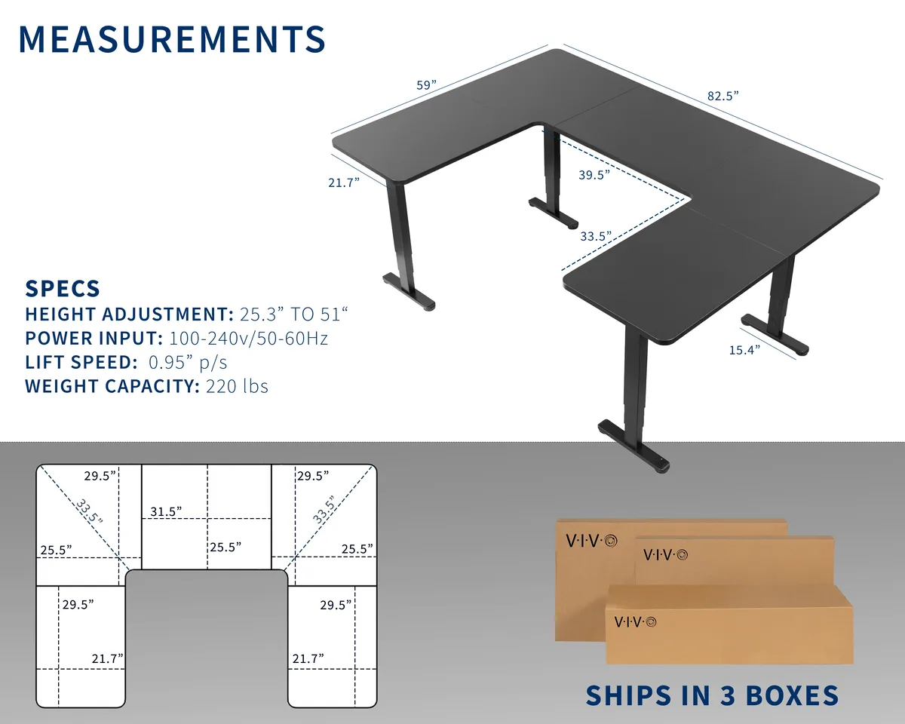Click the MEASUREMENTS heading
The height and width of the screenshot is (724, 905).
coord(172,39)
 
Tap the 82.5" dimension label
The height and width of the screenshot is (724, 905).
coord(722,96)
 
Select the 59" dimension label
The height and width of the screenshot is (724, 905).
coord(426,85)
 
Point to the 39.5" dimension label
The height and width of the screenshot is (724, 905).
coord(594,174)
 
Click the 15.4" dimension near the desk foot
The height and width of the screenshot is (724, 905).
coord(744,350)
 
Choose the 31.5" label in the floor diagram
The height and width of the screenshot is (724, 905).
coord(166,511)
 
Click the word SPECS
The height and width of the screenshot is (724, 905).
coord(63,289)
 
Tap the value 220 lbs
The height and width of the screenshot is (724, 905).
coord(237,386)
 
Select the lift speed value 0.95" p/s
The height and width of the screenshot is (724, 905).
coord(188,363)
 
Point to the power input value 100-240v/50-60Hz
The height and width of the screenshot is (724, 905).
coord(248,338)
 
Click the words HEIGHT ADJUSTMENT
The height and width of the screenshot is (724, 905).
coord(129,314)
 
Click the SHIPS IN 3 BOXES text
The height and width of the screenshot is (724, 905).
coord(713,695)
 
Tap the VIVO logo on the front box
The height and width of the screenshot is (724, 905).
coord(635,621)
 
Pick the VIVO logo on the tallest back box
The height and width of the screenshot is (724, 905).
coord(592,541)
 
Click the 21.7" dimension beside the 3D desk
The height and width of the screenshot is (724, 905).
coord(344,183)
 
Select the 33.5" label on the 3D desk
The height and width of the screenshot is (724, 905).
coord(596,236)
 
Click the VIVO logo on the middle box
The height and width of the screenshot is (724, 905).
coord(666,555)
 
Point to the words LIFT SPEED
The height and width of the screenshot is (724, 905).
coord(81,363)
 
